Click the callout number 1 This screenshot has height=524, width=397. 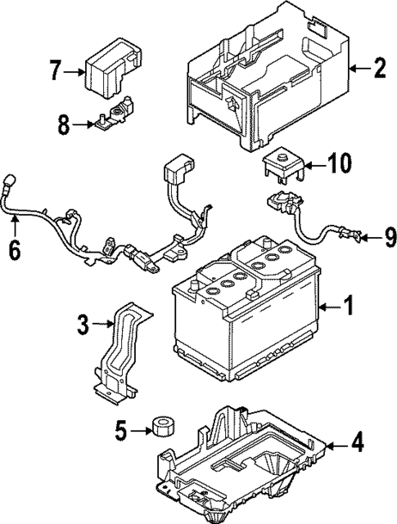(x=350, y=307)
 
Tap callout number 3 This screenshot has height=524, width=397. (x=82, y=325)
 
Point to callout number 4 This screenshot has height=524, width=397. (x=357, y=445)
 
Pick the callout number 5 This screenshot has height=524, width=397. (x=121, y=429)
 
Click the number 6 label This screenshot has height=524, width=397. (x=14, y=250)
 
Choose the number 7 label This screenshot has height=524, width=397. (x=55, y=71)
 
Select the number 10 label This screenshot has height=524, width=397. (x=339, y=164)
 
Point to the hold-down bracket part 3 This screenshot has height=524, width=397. (x=122, y=352)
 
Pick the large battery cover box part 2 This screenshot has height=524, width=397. (x=262, y=78)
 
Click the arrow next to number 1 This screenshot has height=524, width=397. (x=328, y=307)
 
